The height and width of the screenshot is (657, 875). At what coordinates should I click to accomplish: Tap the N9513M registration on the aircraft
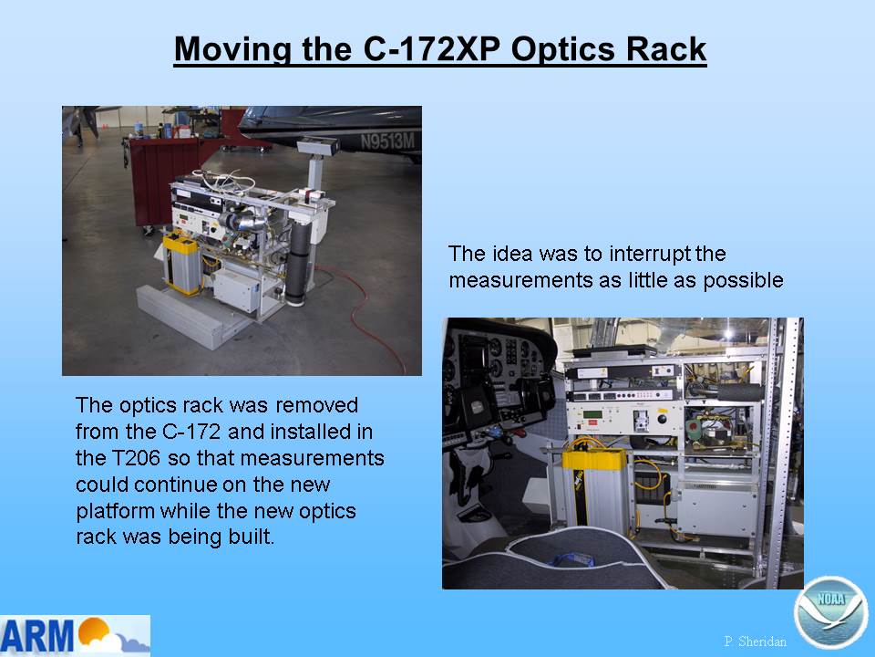tap(387, 141)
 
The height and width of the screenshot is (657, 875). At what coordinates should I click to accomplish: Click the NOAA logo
tap(831, 612)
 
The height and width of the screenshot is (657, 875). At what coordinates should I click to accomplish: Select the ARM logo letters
tap(37, 635)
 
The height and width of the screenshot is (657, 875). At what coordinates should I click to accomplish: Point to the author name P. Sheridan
tap(755, 641)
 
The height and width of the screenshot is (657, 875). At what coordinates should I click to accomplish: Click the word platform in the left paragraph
tap(115, 511)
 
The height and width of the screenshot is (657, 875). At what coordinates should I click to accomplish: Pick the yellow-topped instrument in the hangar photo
tap(182, 264)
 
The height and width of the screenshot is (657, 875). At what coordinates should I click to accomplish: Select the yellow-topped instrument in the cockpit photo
tap(595, 484)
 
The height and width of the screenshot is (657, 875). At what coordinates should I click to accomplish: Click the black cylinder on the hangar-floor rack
tap(298, 264)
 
